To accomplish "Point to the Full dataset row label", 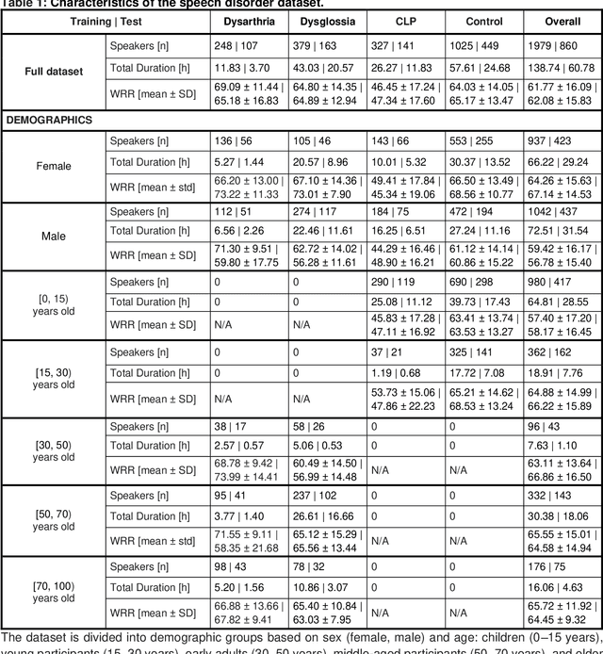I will click(x=53, y=71).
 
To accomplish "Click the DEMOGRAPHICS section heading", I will click(x=50, y=121).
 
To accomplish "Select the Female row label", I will click(x=53, y=167).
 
